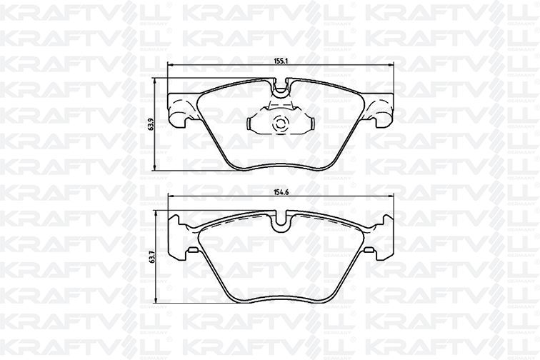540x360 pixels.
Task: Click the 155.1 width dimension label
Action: pyautogui.click(x=280, y=61)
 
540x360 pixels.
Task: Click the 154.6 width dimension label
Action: pyautogui.click(x=280, y=193)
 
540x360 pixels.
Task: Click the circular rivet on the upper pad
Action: pyautogui.click(x=279, y=124)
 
